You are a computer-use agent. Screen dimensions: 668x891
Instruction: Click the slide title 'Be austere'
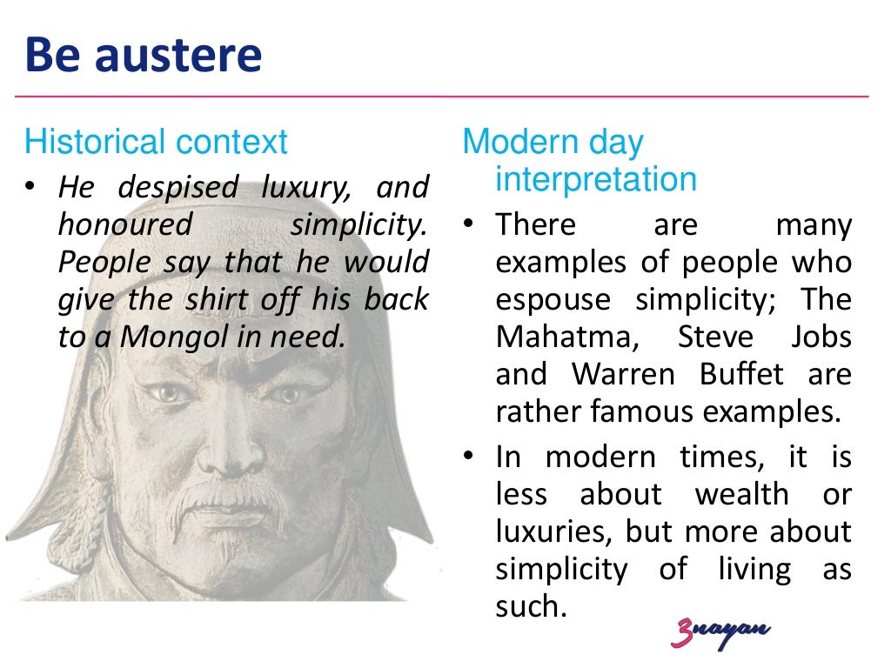(144, 55)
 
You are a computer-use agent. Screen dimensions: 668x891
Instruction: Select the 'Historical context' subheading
(156, 141)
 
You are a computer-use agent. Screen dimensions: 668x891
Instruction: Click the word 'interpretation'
(596, 179)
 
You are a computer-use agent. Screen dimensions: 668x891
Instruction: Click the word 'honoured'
(124, 224)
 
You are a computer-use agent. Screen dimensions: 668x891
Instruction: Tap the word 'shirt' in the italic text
(221, 299)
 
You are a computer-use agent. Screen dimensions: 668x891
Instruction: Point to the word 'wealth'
(740, 495)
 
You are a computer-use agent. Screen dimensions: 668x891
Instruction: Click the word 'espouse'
(552, 299)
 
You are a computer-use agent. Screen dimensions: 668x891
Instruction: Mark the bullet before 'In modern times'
(470, 458)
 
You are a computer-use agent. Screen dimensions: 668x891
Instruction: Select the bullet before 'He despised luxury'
(32, 187)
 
